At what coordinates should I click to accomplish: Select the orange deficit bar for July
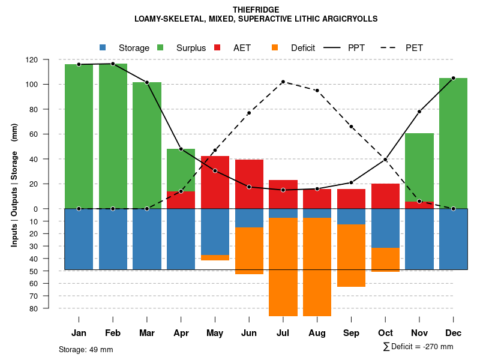[x=283, y=267]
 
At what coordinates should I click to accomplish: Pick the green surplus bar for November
[x=419, y=167]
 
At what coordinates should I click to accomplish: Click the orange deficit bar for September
[x=351, y=256]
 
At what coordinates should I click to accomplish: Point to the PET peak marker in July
[x=283, y=82]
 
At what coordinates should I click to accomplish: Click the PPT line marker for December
[x=453, y=78]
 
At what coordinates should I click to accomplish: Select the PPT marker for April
[x=181, y=149]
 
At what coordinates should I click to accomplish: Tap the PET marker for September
[x=351, y=127]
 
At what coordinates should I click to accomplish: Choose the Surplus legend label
[x=191, y=48]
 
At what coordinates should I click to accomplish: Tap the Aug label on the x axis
[x=317, y=333]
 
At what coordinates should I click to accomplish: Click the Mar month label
[x=147, y=333]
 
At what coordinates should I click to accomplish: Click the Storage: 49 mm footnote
[x=86, y=349]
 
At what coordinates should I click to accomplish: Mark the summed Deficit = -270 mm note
[x=418, y=347]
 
